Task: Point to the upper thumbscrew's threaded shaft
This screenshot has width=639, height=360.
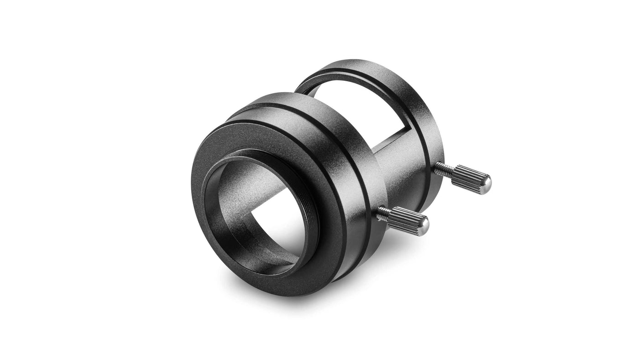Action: [x=443, y=169]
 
